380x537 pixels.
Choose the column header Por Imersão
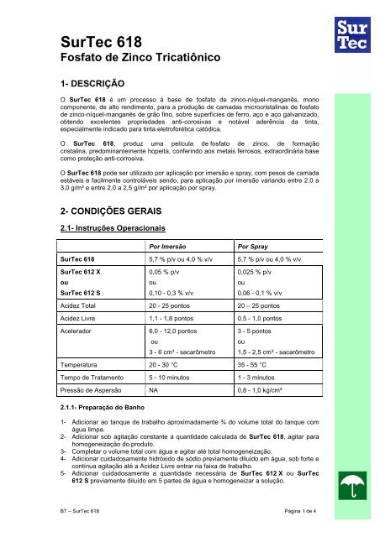pos(167,271)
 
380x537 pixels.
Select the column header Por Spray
pos(254,271)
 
